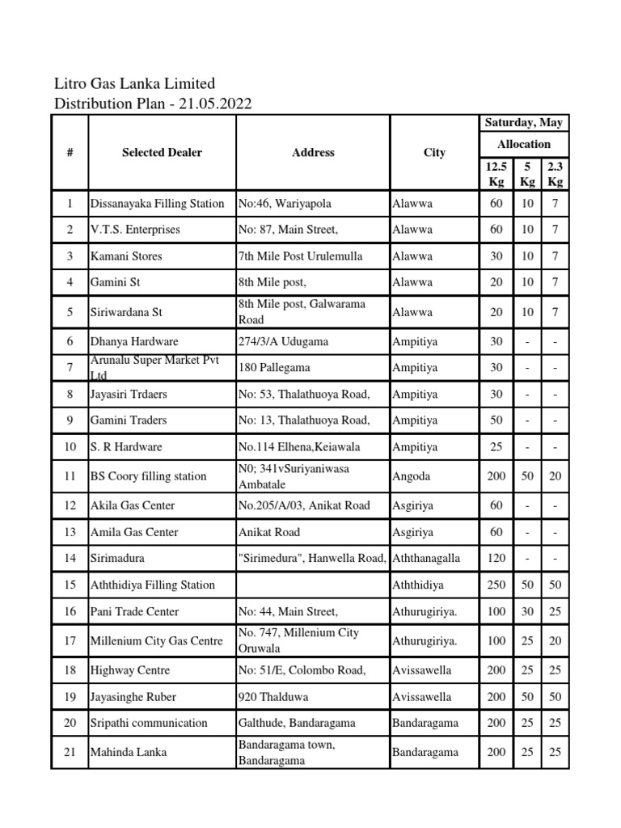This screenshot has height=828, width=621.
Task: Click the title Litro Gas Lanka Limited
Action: tap(134, 83)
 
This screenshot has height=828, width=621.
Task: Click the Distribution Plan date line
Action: tap(152, 103)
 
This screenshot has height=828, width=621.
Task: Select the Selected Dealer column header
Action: tap(162, 152)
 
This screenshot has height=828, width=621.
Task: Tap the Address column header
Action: tap(312, 152)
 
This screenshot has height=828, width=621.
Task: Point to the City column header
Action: tap(434, 152)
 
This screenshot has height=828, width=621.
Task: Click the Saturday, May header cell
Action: tap(523, 123)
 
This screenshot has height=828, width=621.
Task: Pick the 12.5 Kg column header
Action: tap(496, 173)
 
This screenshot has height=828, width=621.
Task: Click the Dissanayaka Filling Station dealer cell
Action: tap(157, 204)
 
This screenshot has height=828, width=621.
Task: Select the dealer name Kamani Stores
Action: tap(126, 256)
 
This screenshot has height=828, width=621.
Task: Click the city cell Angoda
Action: tap(412, 476)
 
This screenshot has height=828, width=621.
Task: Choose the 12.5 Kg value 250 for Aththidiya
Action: tap(496, 585)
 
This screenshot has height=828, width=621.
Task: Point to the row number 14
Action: tap(70, 559)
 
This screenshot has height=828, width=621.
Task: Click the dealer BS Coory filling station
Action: tap(148, 476)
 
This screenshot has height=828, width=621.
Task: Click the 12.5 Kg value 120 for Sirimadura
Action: tap(496, 559)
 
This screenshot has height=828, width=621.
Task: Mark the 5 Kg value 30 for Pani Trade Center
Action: tap(527, 612)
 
